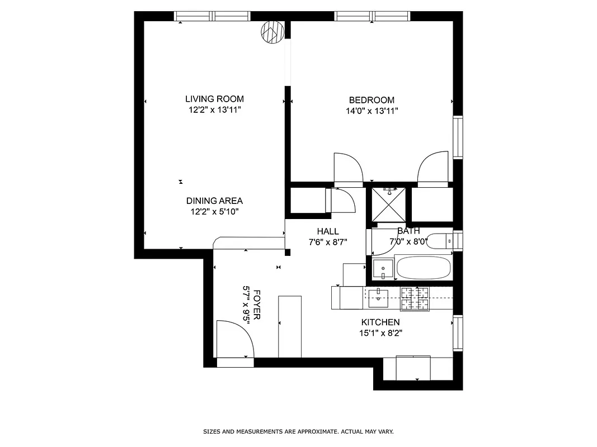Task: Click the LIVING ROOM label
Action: tap(214, 99)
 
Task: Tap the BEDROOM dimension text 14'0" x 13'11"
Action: tap(372, 111)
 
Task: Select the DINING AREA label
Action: tap(214, 201)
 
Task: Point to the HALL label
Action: tap(327, 231)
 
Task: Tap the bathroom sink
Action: tap(383, 269)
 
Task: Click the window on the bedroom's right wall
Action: tap(458, 137)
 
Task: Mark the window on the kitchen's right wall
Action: tap(458, 334)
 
